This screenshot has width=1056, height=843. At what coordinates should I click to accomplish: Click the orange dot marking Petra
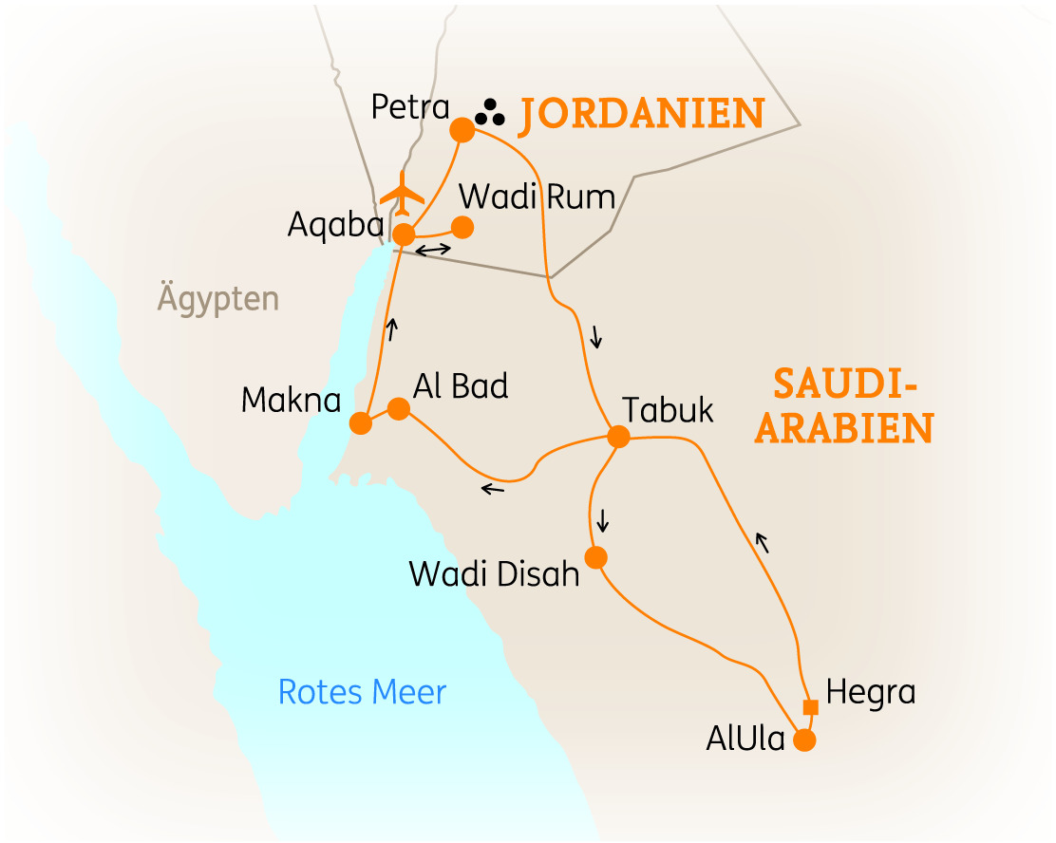click(462, 130)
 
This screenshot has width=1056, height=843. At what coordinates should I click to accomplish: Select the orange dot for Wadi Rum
click(462, 228)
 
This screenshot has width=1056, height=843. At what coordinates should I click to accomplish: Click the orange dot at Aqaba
click(404, 234)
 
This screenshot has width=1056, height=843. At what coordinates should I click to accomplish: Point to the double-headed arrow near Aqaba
click(433, 250)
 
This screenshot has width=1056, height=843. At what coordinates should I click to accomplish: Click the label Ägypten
click(218, 300)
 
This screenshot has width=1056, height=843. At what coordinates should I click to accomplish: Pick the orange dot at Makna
click(361, 422)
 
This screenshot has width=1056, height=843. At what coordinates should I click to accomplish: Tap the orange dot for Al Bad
click(399, 408)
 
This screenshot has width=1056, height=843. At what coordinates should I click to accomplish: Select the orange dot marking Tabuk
click(618, 437)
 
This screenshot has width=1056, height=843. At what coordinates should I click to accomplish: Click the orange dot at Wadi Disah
click(596, 557)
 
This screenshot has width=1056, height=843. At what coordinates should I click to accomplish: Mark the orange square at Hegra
click(810, 706)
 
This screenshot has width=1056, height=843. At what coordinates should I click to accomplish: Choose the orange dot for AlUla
click(804, 740)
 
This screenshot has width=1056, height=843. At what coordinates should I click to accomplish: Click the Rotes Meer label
click(362, 692)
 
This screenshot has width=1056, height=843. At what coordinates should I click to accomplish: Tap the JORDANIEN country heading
click(641, 114)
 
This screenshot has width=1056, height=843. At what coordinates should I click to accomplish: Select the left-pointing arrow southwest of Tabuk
click(493, 489)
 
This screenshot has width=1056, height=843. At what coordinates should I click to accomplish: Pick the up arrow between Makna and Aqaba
click(390, 328)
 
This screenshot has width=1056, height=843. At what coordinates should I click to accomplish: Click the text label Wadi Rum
click(537, 197)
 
